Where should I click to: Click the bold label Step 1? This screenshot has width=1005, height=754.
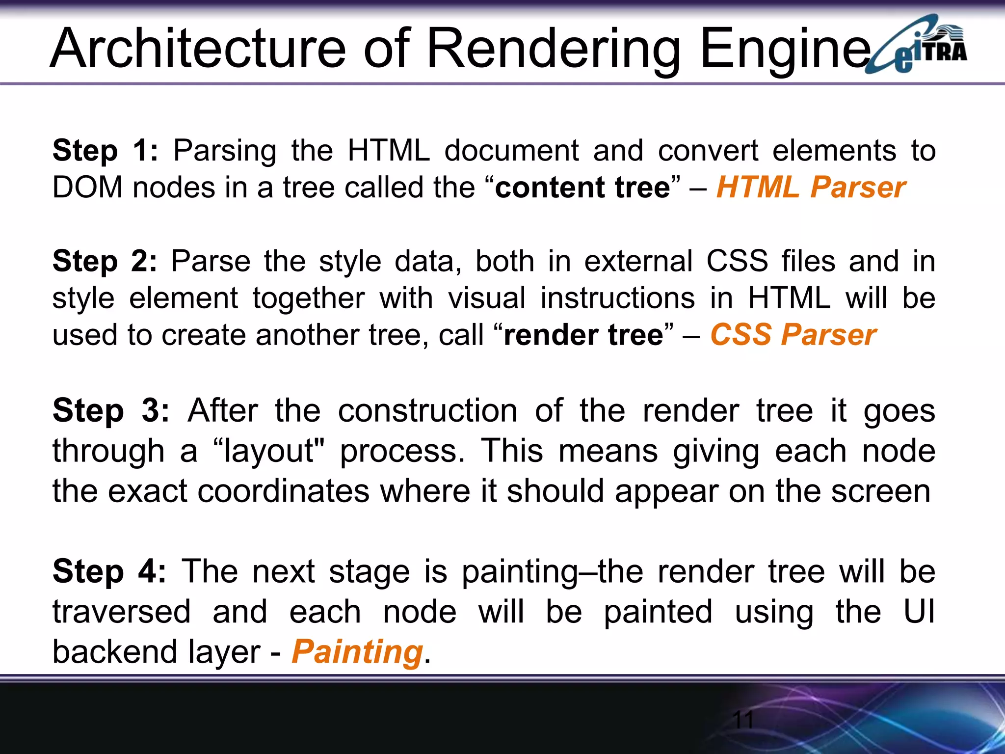105,150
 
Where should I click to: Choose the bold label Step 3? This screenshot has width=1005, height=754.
111,410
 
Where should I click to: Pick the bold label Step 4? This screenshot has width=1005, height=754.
109,571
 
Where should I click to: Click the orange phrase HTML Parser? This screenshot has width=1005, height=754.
811,188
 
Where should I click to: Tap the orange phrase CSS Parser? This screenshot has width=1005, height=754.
793,335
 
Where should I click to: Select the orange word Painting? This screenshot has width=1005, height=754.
357,652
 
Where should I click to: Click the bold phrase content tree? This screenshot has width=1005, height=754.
582,188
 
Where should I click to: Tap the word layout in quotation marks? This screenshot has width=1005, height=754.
269,451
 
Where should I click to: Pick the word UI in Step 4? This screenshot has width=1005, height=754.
919,612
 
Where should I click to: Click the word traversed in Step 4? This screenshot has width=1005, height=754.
121,612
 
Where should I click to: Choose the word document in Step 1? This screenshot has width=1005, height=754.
512,150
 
